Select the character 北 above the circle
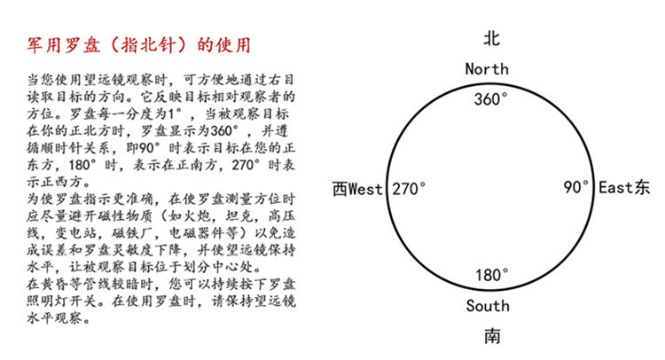pyautogui.click(x=490, y=40)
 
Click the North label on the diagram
pyautogui.click(x=487, y=68)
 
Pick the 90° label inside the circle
pyautogui.click(x=576, y=188)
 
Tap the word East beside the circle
pyautogui.click(x=617, y=188)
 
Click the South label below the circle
pyautogui.click(x=488, y=306)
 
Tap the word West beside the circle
pyautogui.click(x=365, y=189)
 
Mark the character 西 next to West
pyautogui.click(x=339, y=189)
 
